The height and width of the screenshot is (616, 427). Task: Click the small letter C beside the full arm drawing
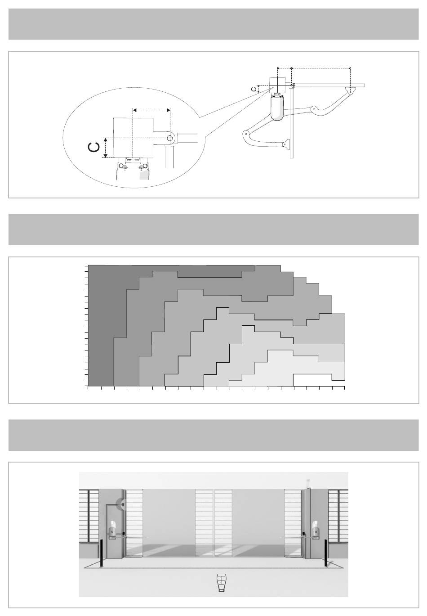[254, 89]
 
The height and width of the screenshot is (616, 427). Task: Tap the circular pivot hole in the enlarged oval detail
[169, 138]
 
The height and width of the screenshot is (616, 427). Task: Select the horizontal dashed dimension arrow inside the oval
[151, 109]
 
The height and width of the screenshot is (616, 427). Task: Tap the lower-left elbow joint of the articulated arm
[246, 133]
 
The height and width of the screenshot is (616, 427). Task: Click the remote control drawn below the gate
[221, 583]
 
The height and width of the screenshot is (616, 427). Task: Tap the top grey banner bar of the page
[213, 24]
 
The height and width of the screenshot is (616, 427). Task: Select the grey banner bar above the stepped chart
[213, 229]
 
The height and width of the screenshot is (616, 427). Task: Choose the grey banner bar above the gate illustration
[213, 435]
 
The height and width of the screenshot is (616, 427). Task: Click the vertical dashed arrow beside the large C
[105, 148]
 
